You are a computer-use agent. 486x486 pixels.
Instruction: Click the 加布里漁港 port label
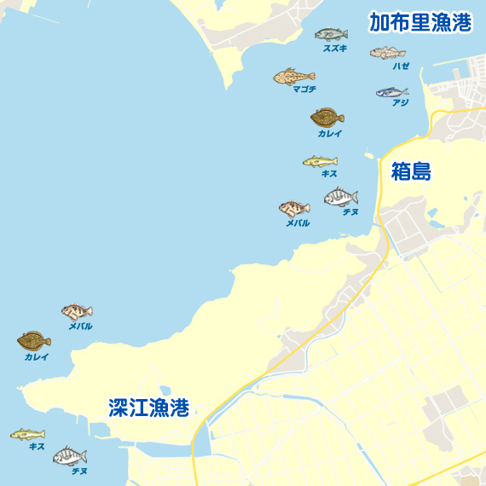coord(420,23)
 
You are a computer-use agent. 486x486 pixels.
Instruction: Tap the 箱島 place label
coord(412,171)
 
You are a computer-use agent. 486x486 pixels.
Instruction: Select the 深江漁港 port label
coord(148,408)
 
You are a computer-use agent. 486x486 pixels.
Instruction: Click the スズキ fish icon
coord(331,35)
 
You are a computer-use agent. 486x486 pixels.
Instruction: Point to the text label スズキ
coord(334,49)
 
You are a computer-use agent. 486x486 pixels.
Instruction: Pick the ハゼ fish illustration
coord(388,53)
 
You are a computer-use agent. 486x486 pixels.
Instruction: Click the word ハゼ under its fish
coord(401,66)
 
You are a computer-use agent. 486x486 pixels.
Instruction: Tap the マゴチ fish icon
coord(294,77)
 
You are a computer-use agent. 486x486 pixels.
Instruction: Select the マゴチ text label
coord(304,90)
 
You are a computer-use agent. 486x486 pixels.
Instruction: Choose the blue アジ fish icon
coord(391,91)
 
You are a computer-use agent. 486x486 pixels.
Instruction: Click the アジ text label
coord(400,103)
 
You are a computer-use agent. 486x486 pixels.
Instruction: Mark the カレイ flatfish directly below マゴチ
coord(327,117)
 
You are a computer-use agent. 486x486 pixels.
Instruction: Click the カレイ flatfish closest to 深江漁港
coord(34,341)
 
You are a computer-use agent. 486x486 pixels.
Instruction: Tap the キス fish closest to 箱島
coord(320,161)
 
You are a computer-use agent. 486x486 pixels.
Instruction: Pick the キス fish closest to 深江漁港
coord(27,435)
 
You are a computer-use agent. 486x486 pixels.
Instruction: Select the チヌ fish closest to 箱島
coord(340,198)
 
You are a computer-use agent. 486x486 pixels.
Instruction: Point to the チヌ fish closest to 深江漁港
coord(70,456)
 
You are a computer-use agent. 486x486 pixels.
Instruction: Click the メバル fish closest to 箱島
coord(294,209)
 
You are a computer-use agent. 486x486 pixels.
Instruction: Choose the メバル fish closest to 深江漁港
coord(77,312)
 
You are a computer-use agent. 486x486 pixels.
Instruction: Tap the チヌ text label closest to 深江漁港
coord(79,471)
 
